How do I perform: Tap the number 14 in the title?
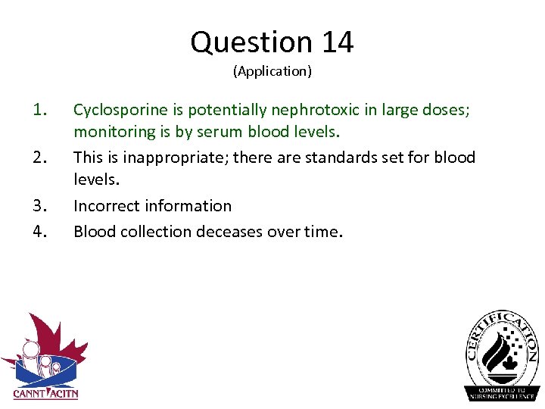click(337, 42)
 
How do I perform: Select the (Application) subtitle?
click(272, 71)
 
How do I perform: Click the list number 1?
click(40, 110)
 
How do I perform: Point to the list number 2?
click(40, 158)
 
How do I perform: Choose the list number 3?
click(40, 206)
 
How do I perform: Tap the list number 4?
click(40, 231)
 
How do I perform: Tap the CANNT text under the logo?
click(28, 393)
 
